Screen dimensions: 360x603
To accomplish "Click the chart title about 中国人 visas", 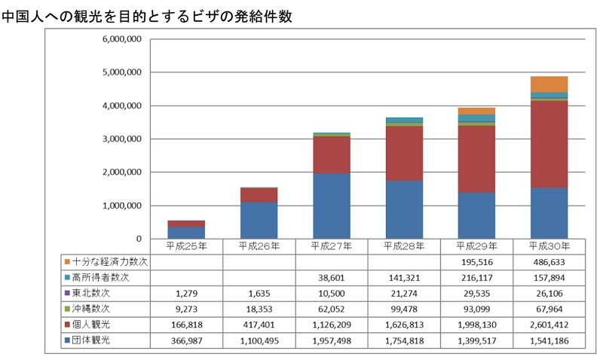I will [147, 16].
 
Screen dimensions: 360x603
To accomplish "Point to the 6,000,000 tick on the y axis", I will [120, 40].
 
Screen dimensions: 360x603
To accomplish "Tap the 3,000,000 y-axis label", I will [120, 139].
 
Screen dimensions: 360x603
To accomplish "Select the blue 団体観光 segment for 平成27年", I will [332, 206].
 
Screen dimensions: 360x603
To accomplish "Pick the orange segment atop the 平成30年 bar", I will [549, 84].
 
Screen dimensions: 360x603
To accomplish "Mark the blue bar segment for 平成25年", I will [186, 233].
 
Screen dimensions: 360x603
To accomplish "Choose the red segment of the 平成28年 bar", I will [404, 153].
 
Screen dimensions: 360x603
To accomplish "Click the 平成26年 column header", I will [259, 246].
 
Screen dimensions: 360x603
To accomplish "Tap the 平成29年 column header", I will [476, 246].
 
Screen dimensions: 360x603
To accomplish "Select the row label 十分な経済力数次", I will [110, 261].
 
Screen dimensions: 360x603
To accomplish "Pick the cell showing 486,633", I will [549, 261].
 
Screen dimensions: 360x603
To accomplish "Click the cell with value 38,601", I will [332, 277].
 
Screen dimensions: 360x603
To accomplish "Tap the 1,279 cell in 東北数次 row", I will [186, 293].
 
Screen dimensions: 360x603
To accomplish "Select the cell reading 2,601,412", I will [549, 324].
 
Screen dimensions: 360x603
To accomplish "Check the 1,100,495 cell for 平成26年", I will [259, 340].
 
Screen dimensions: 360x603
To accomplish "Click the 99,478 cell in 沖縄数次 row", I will [404, 308].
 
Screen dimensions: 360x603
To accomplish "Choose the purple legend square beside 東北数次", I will [67, 293].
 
